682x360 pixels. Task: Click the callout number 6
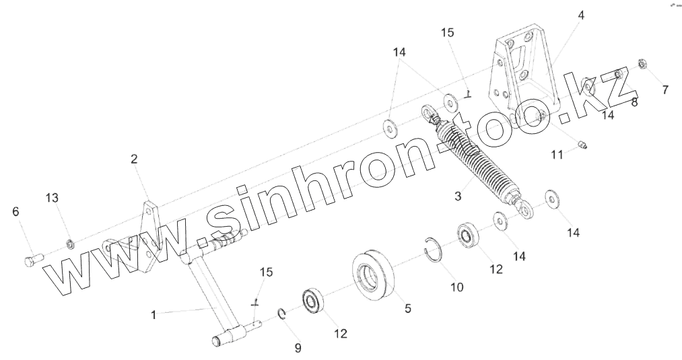click(15, 211)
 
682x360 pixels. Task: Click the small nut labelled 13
click(69, 242)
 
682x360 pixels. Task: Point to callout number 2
click(134, 159)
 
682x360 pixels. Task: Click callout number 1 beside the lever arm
click(154, 314)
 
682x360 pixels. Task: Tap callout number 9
click(298, 347)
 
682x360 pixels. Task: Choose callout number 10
click(457, 287)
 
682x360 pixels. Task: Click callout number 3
click(457, 196)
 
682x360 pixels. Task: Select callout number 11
click(557, 155)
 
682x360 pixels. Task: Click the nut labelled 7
click(642, 65)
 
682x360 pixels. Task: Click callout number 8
click(634, 102)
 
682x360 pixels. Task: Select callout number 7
click(664, 89)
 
